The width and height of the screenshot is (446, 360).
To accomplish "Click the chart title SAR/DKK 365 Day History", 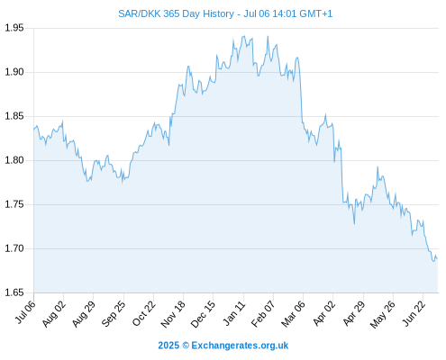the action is (x=176, y=13).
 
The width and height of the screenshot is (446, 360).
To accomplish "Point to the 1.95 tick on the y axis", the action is (x=14, y=28).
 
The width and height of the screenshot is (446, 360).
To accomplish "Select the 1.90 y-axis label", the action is (x=14, y=72).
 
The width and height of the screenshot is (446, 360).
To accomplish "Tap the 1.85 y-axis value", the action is (x=14, y=116).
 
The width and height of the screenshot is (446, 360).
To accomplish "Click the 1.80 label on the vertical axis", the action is (x=14, y=160).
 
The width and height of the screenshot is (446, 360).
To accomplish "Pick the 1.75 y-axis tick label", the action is (x=14, y=204).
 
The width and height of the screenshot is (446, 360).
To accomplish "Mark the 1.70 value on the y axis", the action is (x=14, y=248).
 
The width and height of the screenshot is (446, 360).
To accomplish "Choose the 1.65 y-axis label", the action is (x=14, y=292).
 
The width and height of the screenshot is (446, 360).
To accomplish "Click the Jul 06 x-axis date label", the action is (x=25, y=312).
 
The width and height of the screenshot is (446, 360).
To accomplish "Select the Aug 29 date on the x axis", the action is (x=84, y=313).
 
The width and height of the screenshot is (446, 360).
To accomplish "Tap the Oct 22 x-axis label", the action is (x=144, y=313).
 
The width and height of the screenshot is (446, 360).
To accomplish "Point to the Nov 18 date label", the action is (x=173, y=314).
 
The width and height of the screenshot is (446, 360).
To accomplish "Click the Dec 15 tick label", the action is (x=204, y=314).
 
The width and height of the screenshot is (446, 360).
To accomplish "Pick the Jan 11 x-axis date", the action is (x=234, y=313).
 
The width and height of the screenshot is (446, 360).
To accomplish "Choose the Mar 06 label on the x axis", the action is (x=293, y=313).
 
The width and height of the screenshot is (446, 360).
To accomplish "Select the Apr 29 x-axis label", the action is (x=354, y=313).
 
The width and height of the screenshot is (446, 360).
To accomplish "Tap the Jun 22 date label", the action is (x=414, y=313).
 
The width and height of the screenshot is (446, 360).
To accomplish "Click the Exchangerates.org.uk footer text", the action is (x=240, y=346).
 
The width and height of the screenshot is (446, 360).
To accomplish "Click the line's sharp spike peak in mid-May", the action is (x=378, y=166).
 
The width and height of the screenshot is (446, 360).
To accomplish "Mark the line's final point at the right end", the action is (x=437, y=258).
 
